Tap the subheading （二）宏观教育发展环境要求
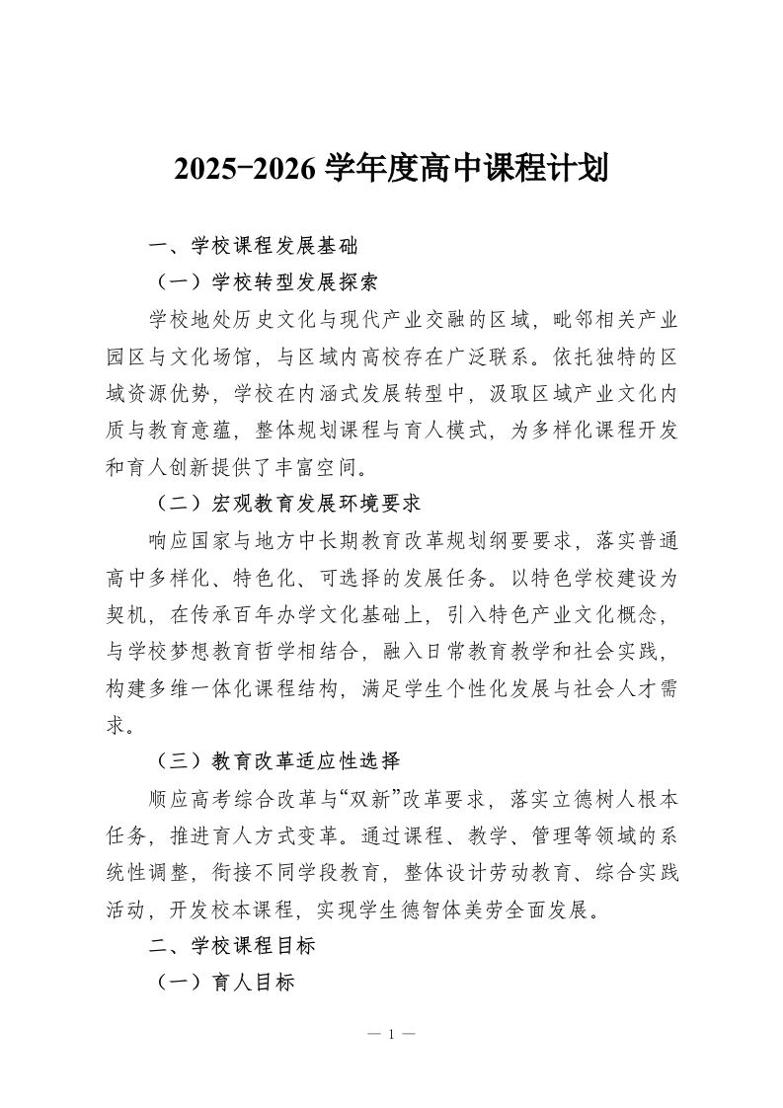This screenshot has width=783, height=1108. click(x=287, y=503)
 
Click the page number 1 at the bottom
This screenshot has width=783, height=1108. click(x=391, y=1034)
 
